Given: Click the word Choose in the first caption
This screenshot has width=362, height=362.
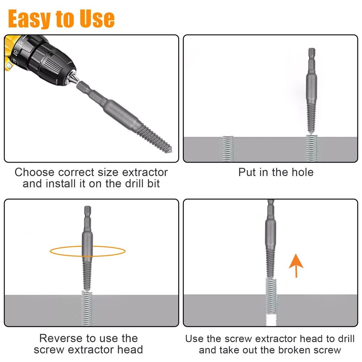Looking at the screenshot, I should pyautogui.click(x=35, y=173).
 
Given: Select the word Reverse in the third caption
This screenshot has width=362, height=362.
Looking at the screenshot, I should pyautogui.click(x=61, y=338).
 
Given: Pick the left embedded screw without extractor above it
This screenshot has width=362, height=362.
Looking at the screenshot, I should pyautogui.click(x=228, y=149).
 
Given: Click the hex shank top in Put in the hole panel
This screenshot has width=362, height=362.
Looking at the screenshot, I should pyautogui.click(x=311, y=54).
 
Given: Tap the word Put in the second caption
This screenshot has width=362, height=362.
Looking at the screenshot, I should pyautogui.click(x=247, y=172).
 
